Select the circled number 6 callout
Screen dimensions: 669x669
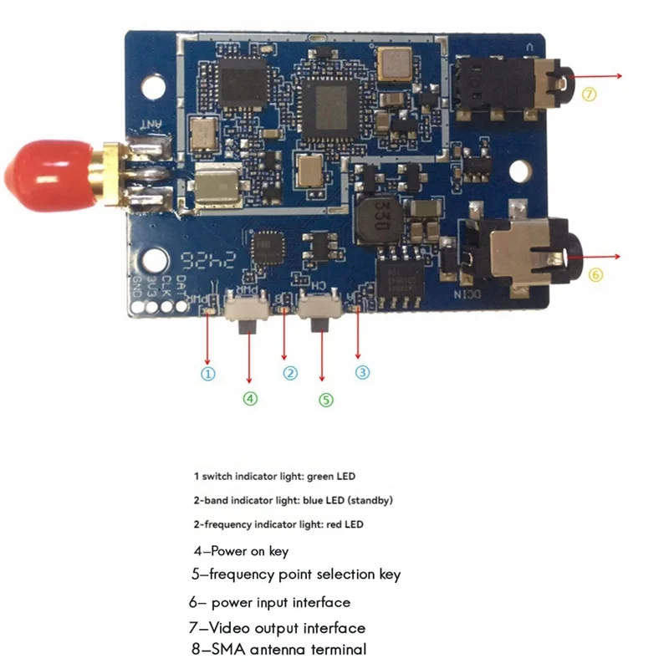(595, 273)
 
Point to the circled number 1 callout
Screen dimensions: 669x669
(209, 374)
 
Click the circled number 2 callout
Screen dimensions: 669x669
(290, 373)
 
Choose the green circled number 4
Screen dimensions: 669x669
(250, 398)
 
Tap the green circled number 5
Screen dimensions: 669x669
(326, 399)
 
